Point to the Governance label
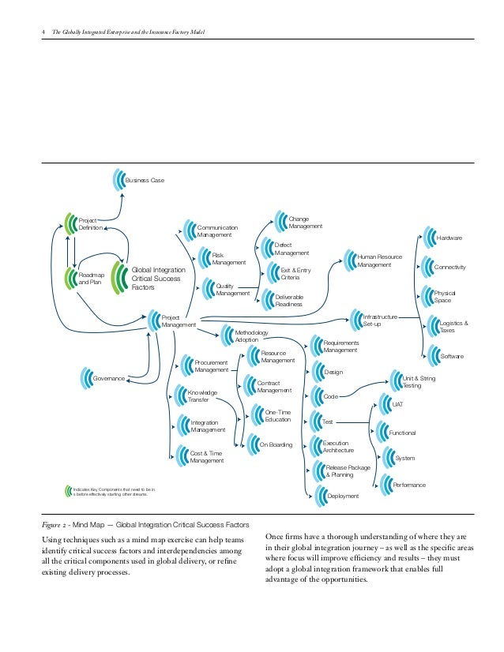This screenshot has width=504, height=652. (x=109, y=379)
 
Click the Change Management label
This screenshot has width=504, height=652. (x=306, y=223)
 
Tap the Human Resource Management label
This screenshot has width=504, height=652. (x=374, y=260)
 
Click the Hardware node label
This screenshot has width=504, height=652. (x=449, y=238)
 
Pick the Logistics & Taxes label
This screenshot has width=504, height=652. (x=453, y=327)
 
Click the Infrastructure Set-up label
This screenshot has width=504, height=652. (x=379, y=320)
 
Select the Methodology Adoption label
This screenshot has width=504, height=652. (x=251, y=337)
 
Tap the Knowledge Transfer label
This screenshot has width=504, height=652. (x=202, y=396)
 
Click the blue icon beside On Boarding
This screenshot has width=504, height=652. (x=251, y=444)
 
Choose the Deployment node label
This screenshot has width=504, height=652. (x=343, y=496)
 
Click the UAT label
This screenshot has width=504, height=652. (x=397, y=404)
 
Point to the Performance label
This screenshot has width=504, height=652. (x=409, y=485)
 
